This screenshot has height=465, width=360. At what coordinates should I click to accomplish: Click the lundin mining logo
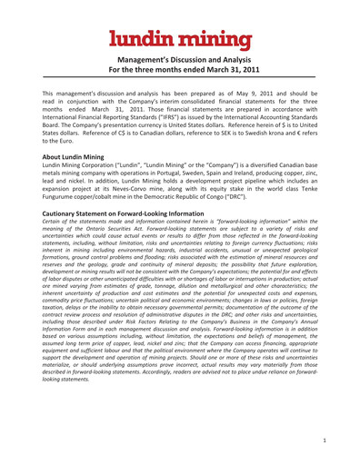click(x=180, y=22)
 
